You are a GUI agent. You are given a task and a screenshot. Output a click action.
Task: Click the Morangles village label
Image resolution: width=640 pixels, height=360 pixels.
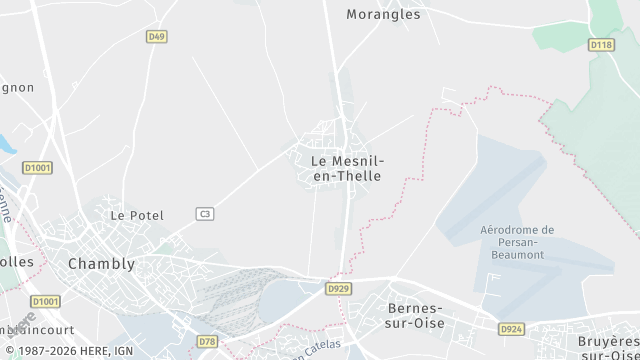coord(383,14)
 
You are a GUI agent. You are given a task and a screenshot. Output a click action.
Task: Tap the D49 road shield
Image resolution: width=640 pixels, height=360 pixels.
coord(155,37)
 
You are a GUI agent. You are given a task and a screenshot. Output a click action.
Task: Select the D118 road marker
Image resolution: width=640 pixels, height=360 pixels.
coord(600,45)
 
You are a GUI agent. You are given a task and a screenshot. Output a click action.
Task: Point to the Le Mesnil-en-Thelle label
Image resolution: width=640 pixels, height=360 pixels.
coord(347,168)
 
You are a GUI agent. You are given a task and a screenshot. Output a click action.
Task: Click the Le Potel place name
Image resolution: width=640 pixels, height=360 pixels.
coord(136,215)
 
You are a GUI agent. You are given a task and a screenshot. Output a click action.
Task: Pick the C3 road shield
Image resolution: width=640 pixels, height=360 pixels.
coord(205,213)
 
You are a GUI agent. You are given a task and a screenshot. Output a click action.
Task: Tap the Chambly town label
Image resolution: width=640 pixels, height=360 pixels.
coord(101,264)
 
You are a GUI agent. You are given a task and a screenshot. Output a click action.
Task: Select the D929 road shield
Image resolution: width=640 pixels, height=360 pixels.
coord(339,289)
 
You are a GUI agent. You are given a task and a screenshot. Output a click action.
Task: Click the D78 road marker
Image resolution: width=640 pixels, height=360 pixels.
coord(206,342)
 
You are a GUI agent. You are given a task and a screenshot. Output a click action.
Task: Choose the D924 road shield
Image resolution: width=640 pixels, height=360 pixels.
coord(511,328)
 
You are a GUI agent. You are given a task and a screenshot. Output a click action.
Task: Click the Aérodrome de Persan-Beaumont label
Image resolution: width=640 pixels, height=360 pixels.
coord(517,243)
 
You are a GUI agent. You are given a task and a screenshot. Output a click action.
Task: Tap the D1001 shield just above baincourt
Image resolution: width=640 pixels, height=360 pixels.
coord(45,301)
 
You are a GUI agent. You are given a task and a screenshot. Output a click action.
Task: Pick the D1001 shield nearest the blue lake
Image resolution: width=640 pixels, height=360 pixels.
coord(36,167)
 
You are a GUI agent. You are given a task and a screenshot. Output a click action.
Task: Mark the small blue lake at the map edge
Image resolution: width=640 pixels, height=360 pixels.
coord(5,144)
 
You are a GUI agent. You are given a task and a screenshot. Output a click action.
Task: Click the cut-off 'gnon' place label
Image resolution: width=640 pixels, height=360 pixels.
coord(16,87)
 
